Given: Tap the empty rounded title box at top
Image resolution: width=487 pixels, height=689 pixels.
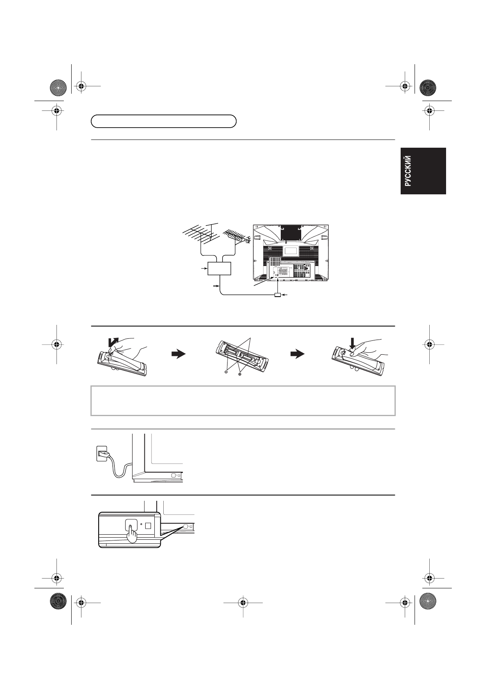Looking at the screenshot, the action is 164,122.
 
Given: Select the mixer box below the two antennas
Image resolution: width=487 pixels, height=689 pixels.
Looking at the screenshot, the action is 220,268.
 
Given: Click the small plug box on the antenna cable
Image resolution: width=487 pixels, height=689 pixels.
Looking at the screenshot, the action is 277,295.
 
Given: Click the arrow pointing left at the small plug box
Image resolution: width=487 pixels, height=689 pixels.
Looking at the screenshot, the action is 286,295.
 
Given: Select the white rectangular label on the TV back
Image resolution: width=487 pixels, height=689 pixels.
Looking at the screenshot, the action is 291,250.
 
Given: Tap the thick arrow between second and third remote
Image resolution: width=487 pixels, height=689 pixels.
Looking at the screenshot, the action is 298,354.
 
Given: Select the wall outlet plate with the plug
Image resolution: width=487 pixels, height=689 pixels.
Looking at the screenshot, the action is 101,453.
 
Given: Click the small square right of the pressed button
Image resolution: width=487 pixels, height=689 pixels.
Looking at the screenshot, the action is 149,526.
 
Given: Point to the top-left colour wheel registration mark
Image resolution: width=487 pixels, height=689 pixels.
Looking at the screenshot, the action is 58,86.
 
